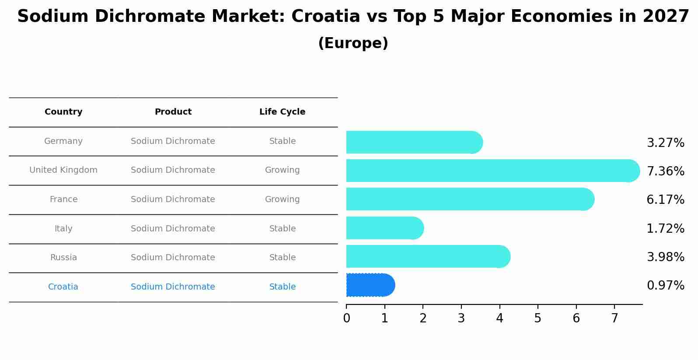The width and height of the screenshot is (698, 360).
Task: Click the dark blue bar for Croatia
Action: coord(370,285)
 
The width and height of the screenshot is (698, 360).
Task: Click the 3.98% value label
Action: coord(665,257)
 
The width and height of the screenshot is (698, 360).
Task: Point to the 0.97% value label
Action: coord(665,286)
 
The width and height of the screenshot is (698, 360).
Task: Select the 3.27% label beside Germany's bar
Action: coord(665,143)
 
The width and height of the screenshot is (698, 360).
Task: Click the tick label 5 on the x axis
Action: coord(537,318)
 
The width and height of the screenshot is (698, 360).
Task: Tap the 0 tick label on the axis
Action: coord(346,318)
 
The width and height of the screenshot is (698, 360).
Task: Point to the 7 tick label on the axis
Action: coord(614,318)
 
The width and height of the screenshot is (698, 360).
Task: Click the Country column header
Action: coord(63,112)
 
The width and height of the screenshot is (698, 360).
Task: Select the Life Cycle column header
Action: coord(282,112)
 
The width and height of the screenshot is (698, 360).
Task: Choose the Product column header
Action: coord(173,112)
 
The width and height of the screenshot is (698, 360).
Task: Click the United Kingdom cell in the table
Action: coord(63,170)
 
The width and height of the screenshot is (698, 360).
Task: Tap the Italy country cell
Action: coord(63,229)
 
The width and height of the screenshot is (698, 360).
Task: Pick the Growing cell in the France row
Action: coord(282,199)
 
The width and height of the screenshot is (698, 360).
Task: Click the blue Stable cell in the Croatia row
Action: coord(282,287)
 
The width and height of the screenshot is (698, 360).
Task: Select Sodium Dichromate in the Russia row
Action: coord(173,258)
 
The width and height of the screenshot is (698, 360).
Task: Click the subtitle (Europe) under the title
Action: coord(353,43)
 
